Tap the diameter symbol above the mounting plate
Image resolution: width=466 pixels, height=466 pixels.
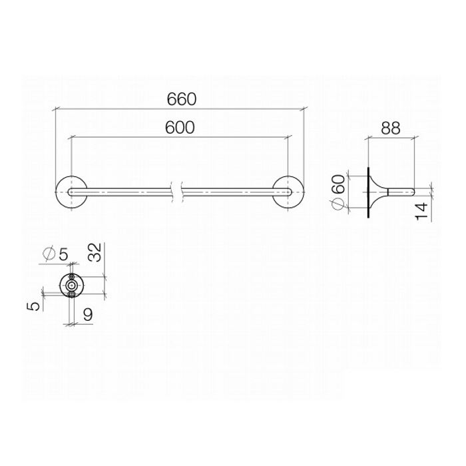pyautogui.click(x=49, y=254)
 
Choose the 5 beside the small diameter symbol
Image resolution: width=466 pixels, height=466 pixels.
pyautogui.click(x=65, y=254)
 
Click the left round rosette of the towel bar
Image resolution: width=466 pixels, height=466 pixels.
pyautogui.click(x=68, y=192)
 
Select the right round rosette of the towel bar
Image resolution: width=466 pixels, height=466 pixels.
pyautogui.click(x=289, y=192)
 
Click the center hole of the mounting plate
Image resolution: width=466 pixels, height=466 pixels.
pyautogui.click(x=72, y=285)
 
